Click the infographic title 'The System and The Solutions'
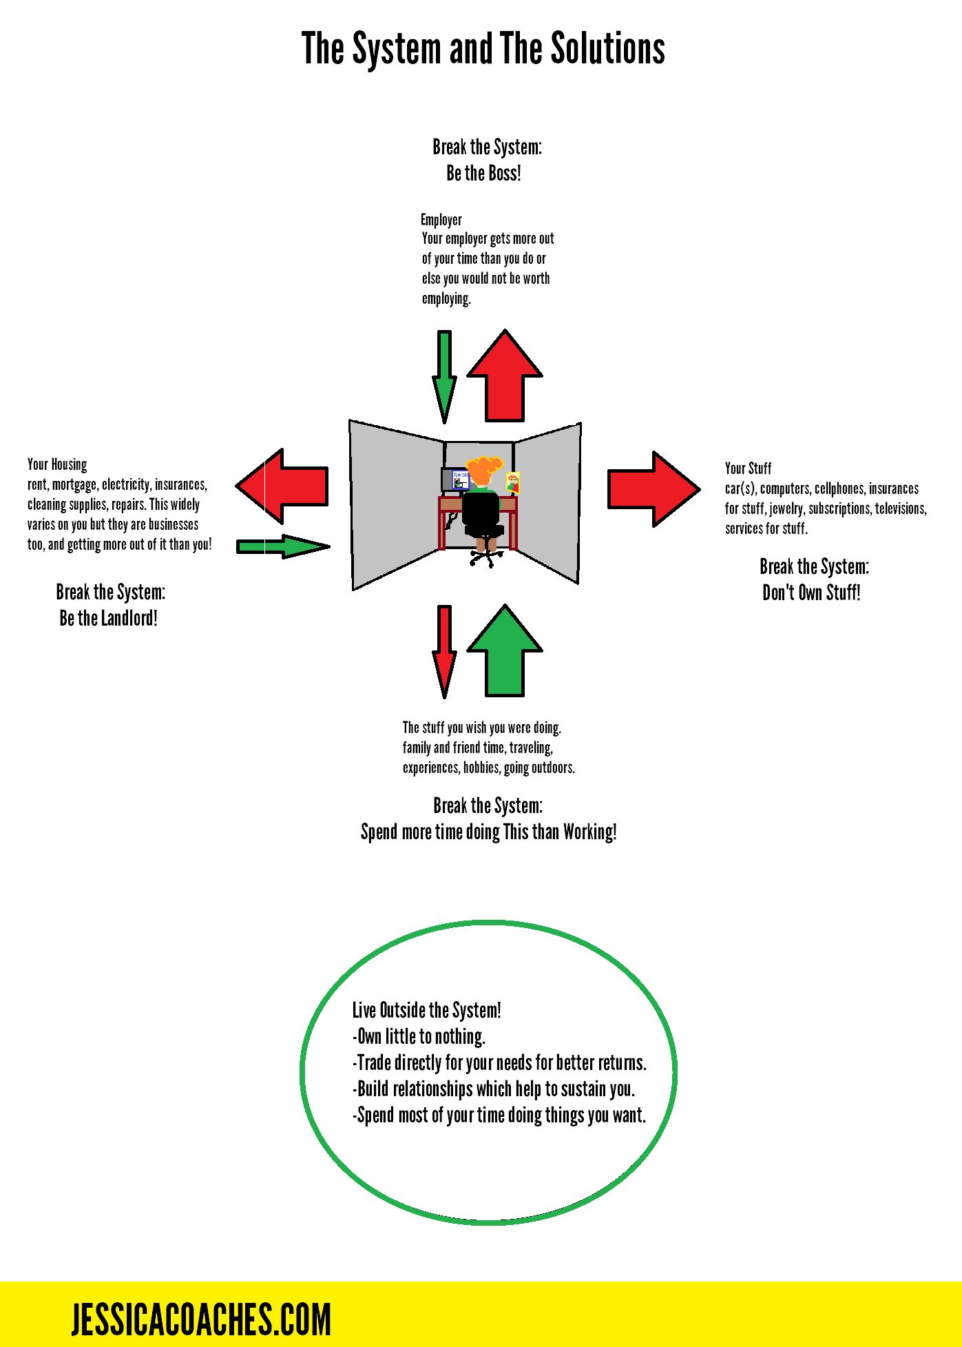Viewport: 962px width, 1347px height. point(483,49)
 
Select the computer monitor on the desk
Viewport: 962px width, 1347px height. point(455,480)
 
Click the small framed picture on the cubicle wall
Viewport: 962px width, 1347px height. point(513,482)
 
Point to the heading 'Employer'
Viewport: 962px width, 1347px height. point(441,220)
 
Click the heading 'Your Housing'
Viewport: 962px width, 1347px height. point(57,464)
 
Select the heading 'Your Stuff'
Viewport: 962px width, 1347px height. point(748,469)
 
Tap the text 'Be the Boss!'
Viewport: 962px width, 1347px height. point(483,174)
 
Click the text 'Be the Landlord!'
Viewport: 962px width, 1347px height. point(108,618)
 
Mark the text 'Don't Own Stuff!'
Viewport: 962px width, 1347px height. point(811,593)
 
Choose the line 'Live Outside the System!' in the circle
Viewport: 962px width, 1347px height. point(426,1011)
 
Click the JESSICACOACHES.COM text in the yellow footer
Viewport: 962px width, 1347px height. point(201,1319)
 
